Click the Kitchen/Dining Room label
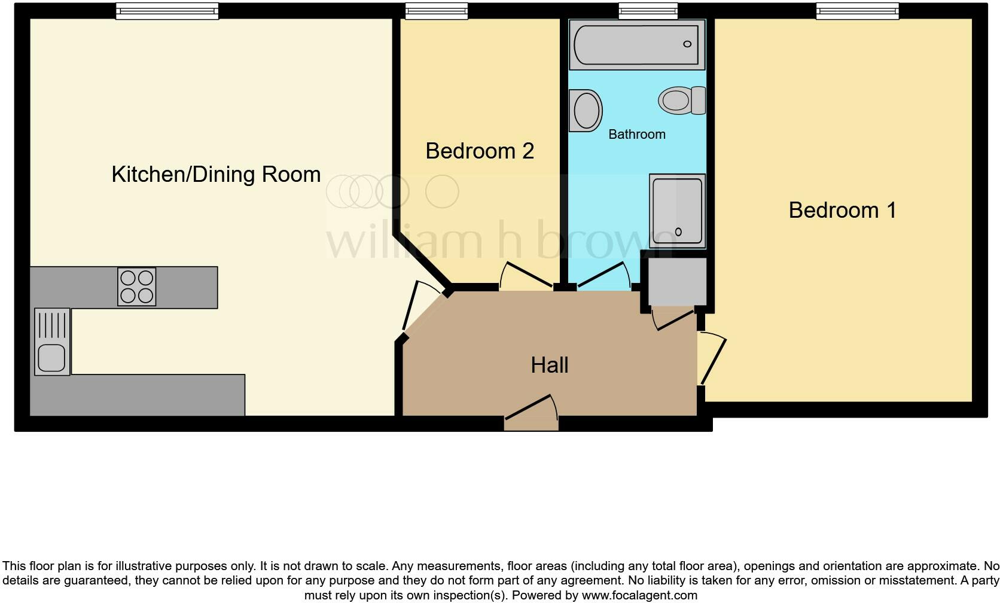click(x=216, y=174)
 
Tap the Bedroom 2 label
click(x=480, y=151)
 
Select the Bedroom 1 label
click(x=842, y=210)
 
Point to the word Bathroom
click(x=636, y=134)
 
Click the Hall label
click(x=549, y=365)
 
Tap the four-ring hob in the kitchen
click(x=137, y=287)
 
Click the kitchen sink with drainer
click(x=52, y=342)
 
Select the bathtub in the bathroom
click(x=636, y=44)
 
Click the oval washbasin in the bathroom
click(x=586, y=111)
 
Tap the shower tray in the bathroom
click(x=677, y=210)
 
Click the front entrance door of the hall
click(x=531, y=413)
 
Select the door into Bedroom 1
click(x=712, y=359)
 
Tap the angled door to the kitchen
click(x=422, y=306)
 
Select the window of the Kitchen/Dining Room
click(x=167, y=11)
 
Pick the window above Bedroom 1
click(x=858, y=11)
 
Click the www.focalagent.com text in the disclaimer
click(x=639, y=595)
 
